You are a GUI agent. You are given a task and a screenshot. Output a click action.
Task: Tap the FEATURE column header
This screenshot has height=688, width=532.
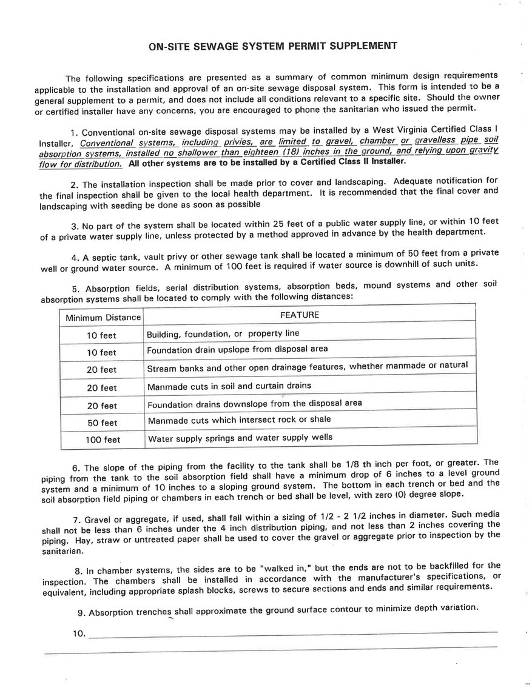pyautogui.click(x=299, y=315)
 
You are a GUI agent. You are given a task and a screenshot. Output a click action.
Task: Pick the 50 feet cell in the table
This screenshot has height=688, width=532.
pyautogui.click(x=101, y=422)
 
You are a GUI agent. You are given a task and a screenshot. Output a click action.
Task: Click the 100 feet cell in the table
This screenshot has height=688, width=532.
pyautogui.click(x=101, y=440)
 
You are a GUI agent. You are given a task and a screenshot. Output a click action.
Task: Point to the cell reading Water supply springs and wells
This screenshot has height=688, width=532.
pyautogui.click(x=240, y=437)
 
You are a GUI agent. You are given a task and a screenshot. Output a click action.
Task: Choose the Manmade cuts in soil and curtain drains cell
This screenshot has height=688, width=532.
pyautogui.click(x=229, y=386)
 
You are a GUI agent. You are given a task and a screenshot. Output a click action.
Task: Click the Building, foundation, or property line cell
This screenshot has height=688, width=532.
pyautogui.click(x=223, y=333)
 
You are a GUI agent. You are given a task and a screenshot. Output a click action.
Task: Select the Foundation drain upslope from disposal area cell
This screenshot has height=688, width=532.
pyautogui.click(x=237, y=349)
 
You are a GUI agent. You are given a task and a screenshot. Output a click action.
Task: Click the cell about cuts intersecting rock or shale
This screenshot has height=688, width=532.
pyautogui.click(x=239, y=419)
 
